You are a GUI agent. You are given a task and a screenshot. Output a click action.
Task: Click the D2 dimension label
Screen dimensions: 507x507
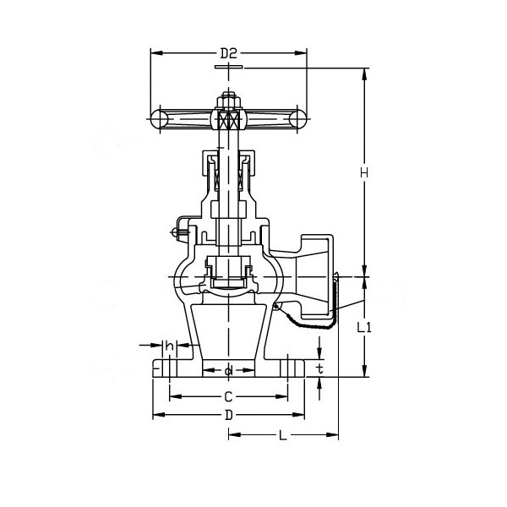point(228,53)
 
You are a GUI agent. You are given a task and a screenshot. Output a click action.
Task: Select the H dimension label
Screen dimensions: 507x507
point(365,172)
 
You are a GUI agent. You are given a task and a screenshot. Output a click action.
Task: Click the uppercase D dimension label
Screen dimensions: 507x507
point(228,415)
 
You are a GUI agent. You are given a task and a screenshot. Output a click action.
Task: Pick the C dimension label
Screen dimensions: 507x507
point(228,396)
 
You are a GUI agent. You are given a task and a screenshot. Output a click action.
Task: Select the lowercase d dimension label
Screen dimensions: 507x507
point(228,371)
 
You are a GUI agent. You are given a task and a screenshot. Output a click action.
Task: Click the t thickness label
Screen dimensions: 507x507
point(319,369)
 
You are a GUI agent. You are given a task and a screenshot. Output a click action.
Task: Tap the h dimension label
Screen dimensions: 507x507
point(170,346)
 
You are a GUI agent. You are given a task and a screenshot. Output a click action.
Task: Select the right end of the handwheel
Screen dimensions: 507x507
point(299,120)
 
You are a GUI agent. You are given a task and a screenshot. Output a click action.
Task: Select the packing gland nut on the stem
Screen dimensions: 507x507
point(228,161)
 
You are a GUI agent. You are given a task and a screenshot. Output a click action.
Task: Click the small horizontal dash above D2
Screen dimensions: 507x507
point(228,65)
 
